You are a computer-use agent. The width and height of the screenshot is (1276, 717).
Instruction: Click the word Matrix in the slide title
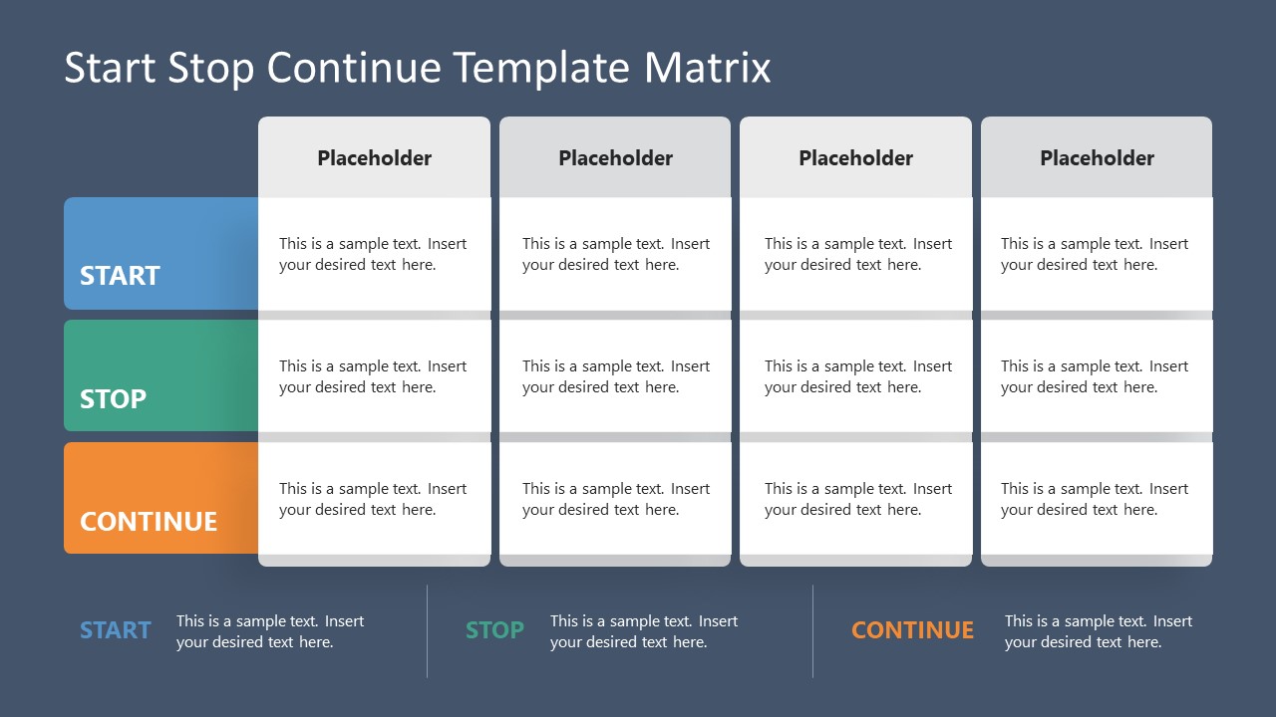point(707,68)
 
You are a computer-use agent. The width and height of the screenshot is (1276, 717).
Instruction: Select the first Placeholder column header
point(374,158)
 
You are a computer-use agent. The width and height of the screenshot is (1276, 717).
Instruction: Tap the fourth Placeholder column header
point(1097,158)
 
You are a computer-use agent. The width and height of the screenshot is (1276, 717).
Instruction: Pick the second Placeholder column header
point(615,158)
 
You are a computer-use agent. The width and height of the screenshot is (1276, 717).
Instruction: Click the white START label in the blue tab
point(120,276)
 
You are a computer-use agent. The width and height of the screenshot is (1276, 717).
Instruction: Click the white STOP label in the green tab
point(113,399)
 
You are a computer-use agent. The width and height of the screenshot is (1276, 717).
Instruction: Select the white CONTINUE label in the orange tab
point(149,522)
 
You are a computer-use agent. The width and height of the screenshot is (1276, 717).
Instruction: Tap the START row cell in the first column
point(374,254)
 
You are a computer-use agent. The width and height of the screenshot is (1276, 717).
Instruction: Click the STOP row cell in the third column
point(856,376)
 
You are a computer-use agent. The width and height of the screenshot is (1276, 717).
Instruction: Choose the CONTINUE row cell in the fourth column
point(1097,499)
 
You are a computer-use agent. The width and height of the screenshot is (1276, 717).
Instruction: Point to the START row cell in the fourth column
point(1097,254)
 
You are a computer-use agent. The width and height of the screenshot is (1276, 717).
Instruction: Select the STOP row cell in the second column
point(615,376)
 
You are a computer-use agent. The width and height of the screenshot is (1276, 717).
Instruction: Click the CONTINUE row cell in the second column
point(615,499)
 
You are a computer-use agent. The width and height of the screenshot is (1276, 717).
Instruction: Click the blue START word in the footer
point(116,630)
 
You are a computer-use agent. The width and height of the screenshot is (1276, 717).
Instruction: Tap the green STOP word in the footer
point(494,630)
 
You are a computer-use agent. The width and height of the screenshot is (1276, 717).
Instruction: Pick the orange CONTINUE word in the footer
point(912,630)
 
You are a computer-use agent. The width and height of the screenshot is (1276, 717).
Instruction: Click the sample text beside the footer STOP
point(644,631)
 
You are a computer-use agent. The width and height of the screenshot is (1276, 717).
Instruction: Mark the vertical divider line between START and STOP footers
point(428,631)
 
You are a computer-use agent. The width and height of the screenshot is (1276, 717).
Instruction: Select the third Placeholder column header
point(856,158)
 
